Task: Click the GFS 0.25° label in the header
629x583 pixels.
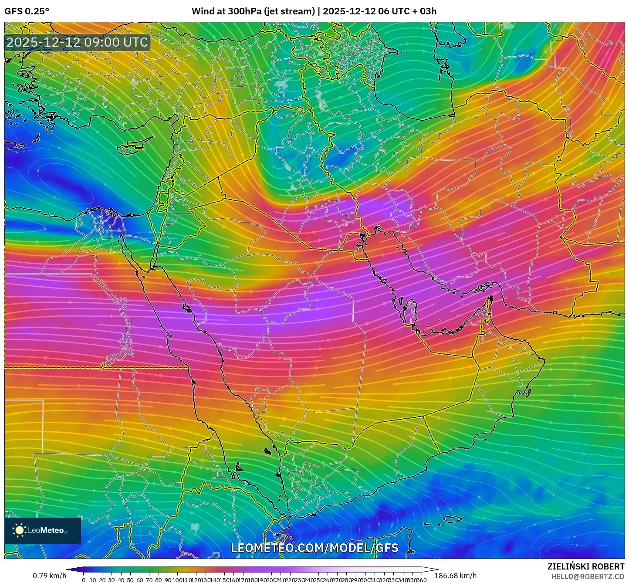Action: tap(27, 11)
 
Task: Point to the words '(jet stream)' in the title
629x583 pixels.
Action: tap(289, 11)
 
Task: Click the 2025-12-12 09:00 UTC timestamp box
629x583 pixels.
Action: tap(78, 42)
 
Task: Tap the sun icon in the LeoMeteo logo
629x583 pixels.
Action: tap(20, 530)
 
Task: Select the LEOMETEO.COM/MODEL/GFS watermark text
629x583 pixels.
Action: tap(314, 548)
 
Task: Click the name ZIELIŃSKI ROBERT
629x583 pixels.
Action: tap(585, 566)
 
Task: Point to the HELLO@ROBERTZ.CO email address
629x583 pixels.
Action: tap(588, 576)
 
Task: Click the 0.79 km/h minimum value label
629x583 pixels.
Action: tap(49, 576)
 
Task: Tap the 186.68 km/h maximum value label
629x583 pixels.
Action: tap(455, 576)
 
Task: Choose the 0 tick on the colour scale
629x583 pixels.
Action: tap(84, 580)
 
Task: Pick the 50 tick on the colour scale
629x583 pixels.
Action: tap(130, 580)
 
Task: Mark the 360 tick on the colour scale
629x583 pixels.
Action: tap(422, 580)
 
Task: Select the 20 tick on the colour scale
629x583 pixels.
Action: tap(102, 580)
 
